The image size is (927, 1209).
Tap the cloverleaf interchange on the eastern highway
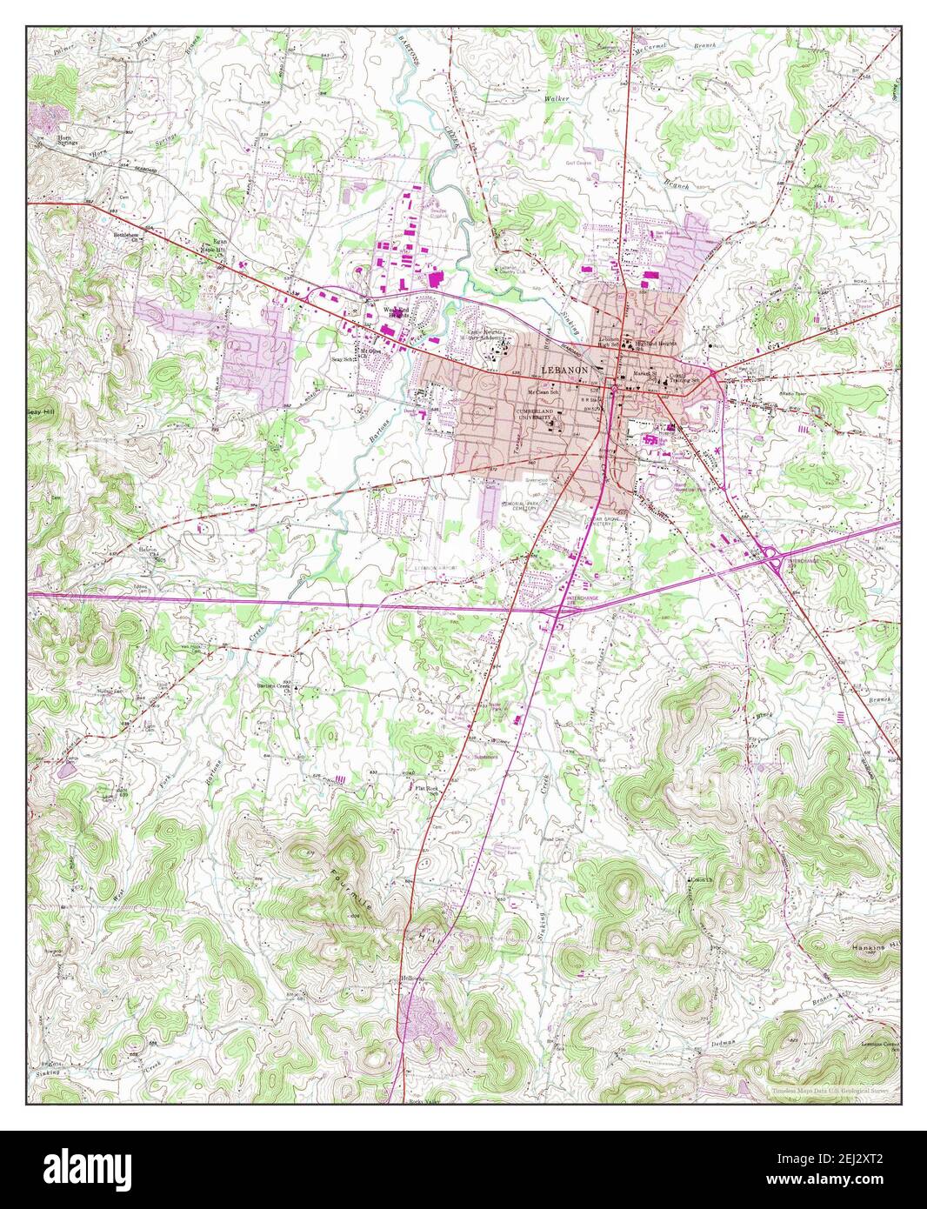(x=772, y=563)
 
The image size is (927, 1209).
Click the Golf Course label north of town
(x=578, y=163)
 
